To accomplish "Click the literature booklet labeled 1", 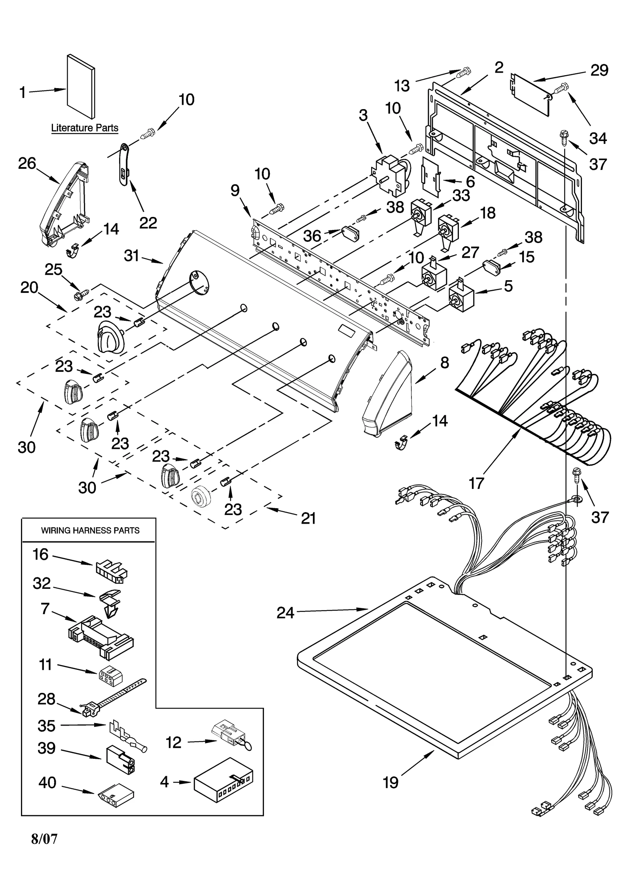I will pos(81,86).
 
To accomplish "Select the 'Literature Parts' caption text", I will pos(85,128).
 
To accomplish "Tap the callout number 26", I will pos(27,164).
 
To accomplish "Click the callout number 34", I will pos(598,138).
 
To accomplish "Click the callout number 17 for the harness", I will pos(476,483).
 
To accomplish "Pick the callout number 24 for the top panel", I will pos(285,613).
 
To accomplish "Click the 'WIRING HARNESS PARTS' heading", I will pos(90,530).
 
